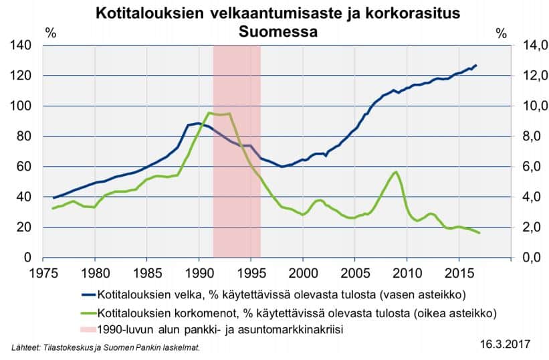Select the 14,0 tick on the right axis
(524, 46)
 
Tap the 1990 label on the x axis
(199, 274)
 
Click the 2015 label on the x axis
(459, 274)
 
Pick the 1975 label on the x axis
(43, 274)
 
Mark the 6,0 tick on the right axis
(524, 167)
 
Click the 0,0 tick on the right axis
(524, 258)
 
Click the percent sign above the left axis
(50, 33)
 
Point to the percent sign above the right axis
(502, 33)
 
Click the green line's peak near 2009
(396, 172)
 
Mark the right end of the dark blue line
(475, 66)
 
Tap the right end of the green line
(479, 232)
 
